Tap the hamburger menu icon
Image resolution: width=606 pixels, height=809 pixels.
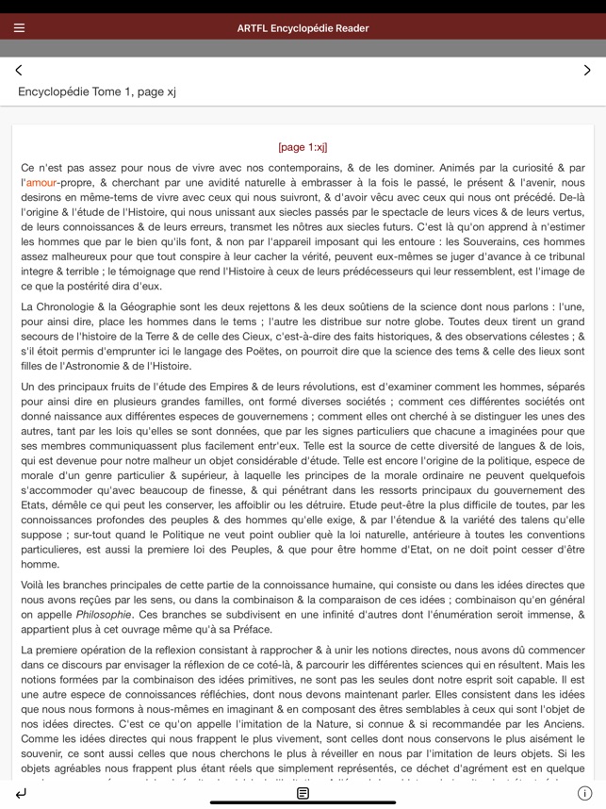pyautogui.click(x=19, y=27)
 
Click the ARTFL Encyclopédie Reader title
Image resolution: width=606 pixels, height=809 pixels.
pyautogui.click(x=303, y=27)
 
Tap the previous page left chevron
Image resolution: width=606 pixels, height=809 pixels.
pyautogui.click(x=19, y=70)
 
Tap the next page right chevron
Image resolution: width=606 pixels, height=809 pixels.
pyautogui.click(x=586, y=70)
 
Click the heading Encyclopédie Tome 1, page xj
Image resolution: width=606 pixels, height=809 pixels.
pyautogui.click(x=97, y=91)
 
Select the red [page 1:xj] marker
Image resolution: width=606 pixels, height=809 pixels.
pyautogui.click(x=303, y=147)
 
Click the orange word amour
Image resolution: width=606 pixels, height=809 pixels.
pyautogui.click(x=41, y=182)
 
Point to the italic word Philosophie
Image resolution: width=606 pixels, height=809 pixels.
pyautogui.click(x=104, y=614)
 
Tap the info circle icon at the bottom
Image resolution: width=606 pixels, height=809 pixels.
pyautogui.click(x=584, y=793)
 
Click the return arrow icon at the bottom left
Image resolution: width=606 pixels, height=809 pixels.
pyautogui.click(x=21, y=793)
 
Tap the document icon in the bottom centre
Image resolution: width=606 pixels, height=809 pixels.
pyautogui.click(x=303, y=793)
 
